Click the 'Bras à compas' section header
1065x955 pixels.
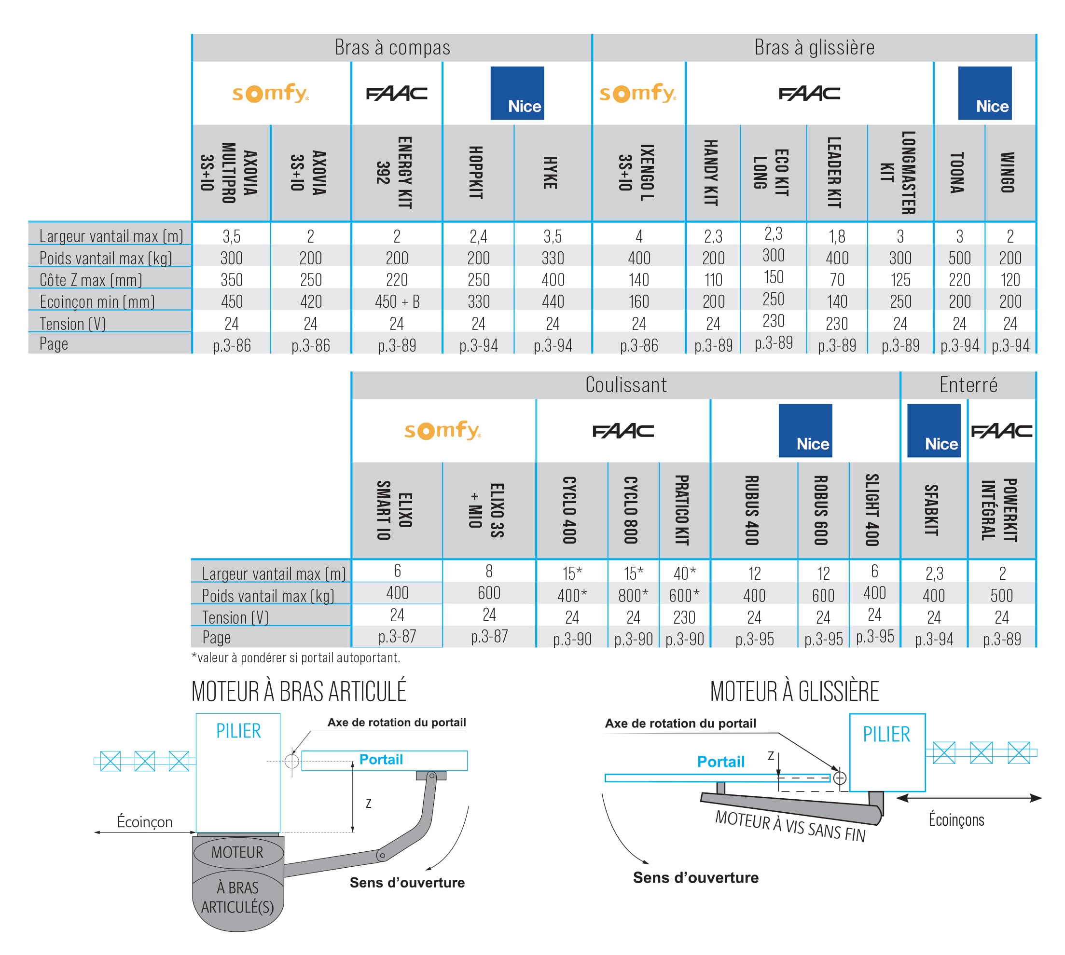tap(392, 48)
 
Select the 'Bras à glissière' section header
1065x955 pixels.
tap(814, 48)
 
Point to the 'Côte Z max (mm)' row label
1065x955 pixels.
tap(91, 280)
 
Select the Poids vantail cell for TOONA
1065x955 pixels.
tap(959, 258)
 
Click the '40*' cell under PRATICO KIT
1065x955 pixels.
tap(684, 573)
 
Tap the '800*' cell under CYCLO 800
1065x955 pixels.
tap(633, 596)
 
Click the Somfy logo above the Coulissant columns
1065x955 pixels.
tap(443, 430)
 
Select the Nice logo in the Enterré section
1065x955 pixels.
tap(933, 430)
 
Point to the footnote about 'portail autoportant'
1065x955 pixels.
tap(295, 657)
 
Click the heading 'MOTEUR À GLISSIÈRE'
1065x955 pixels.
tap(794, 692)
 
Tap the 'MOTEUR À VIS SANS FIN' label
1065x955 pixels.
tap(790, 826)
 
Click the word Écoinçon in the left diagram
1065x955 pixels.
tap(144, 822)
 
